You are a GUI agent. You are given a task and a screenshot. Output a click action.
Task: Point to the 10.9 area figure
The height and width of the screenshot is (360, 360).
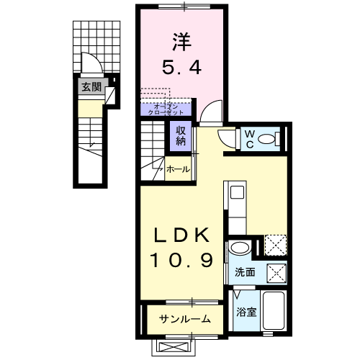(182, 261)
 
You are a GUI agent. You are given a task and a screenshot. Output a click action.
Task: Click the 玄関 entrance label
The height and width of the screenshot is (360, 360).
(90, 88)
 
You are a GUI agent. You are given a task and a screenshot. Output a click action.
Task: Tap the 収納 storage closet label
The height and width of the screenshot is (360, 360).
(180, 135)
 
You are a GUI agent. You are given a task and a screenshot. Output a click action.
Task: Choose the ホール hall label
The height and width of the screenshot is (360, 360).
(178, 170)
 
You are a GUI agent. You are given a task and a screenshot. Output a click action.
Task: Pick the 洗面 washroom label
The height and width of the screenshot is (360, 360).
(244, 273)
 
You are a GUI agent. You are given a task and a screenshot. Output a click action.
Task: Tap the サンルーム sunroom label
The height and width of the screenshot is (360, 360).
(185, 318)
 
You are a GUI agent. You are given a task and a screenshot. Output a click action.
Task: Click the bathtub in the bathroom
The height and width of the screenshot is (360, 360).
(274, 311)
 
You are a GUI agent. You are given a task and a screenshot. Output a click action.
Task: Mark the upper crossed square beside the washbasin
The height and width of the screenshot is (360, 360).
(274, 245)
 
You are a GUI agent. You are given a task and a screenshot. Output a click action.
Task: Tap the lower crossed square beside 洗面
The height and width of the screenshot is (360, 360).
(276, 272)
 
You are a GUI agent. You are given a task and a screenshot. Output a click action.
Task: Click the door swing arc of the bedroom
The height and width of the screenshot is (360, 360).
(211, 112)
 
